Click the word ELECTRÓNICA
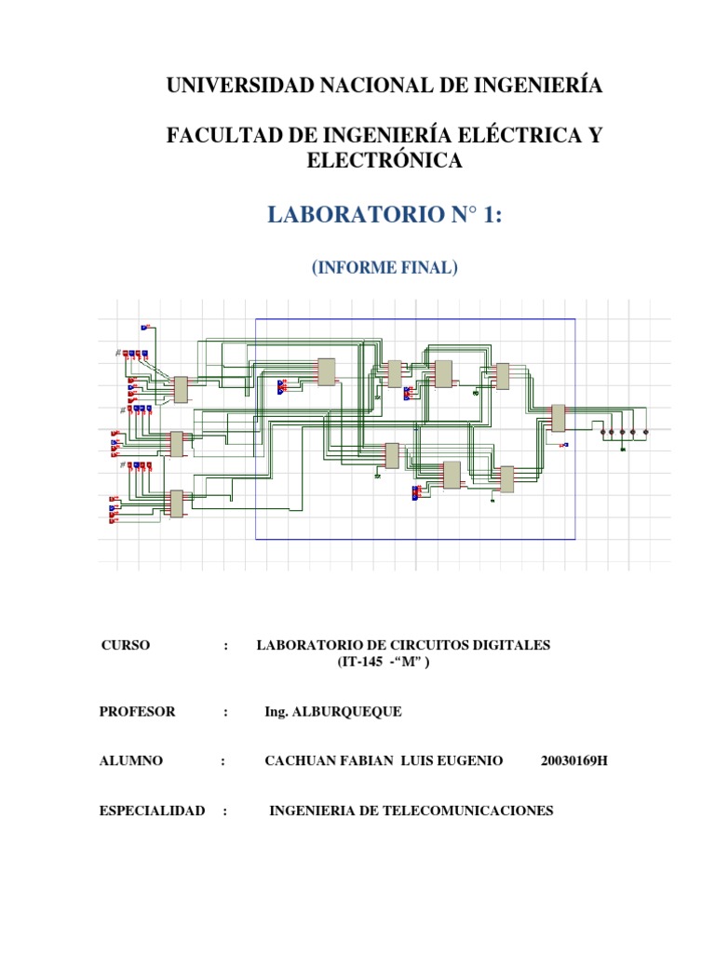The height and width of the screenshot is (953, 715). pos(384,161)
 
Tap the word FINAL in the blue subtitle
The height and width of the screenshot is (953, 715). pos(426,268)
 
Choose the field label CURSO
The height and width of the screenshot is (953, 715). pos(125,645)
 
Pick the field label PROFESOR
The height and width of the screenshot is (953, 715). pos(137,712)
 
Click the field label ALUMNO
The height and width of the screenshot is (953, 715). pos(130,761)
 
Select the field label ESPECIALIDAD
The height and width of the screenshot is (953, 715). pos(152,811)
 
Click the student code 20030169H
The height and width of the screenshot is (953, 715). pos(573,761)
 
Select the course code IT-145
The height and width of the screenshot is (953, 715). pos(358,663)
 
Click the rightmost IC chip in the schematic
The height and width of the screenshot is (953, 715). pos(558,418)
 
